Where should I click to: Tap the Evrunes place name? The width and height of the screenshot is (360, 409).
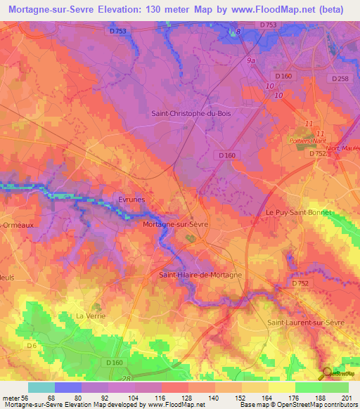click(x=131, y=200)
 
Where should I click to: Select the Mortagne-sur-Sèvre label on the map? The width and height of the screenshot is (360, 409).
click(x=174, y=224)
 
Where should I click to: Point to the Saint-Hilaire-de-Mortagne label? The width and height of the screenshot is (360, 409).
click(x=200, y=275)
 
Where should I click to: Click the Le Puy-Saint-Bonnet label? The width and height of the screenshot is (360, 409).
click(x=298, y=212)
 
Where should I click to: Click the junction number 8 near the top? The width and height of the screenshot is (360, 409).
click(x=238, y=32)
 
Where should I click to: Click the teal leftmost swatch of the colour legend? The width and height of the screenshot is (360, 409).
click(x=41, y=387)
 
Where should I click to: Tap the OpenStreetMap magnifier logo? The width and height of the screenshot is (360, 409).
click(x=328, y=372)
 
